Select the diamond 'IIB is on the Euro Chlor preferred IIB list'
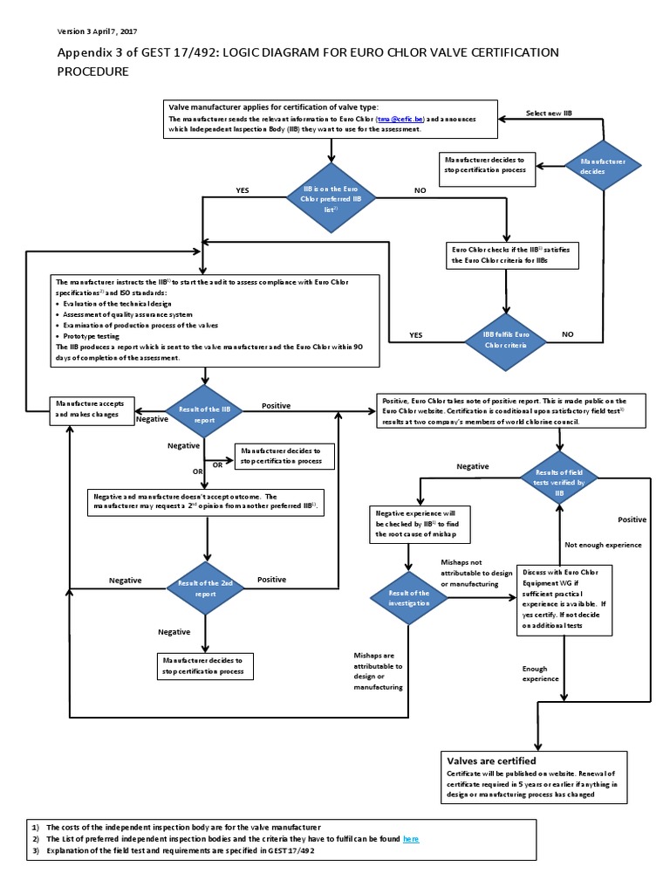332,199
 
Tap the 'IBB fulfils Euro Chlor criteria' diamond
507,339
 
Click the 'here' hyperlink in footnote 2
410,839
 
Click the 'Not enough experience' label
603,545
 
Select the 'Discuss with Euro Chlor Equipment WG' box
564,598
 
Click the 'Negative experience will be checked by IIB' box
418,523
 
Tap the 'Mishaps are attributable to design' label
378,671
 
